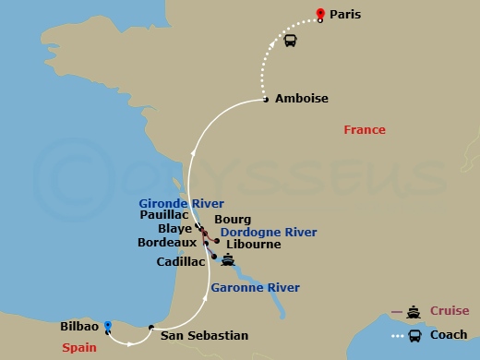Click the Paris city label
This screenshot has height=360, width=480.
coord(345,15)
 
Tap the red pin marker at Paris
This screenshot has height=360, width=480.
coord(319,14)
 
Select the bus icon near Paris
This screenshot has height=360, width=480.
coord(290,40)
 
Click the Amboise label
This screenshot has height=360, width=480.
coord(302,98)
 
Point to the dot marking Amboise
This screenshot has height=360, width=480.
coord(266,99)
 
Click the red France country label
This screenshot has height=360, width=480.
coord(365,130)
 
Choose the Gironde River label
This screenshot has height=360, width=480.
coord(181,203)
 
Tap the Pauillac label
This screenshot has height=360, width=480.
coord(165,215)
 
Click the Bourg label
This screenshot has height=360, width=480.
coord(233,219)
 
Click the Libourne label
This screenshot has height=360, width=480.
coord(253,244)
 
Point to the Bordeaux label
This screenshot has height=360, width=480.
coord(166,244)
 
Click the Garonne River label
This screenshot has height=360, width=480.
coord(256,288)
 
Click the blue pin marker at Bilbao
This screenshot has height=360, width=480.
coord(108,326)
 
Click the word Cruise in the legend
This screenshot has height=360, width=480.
coord(449,311)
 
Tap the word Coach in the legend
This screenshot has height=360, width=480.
coord(449,335)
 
